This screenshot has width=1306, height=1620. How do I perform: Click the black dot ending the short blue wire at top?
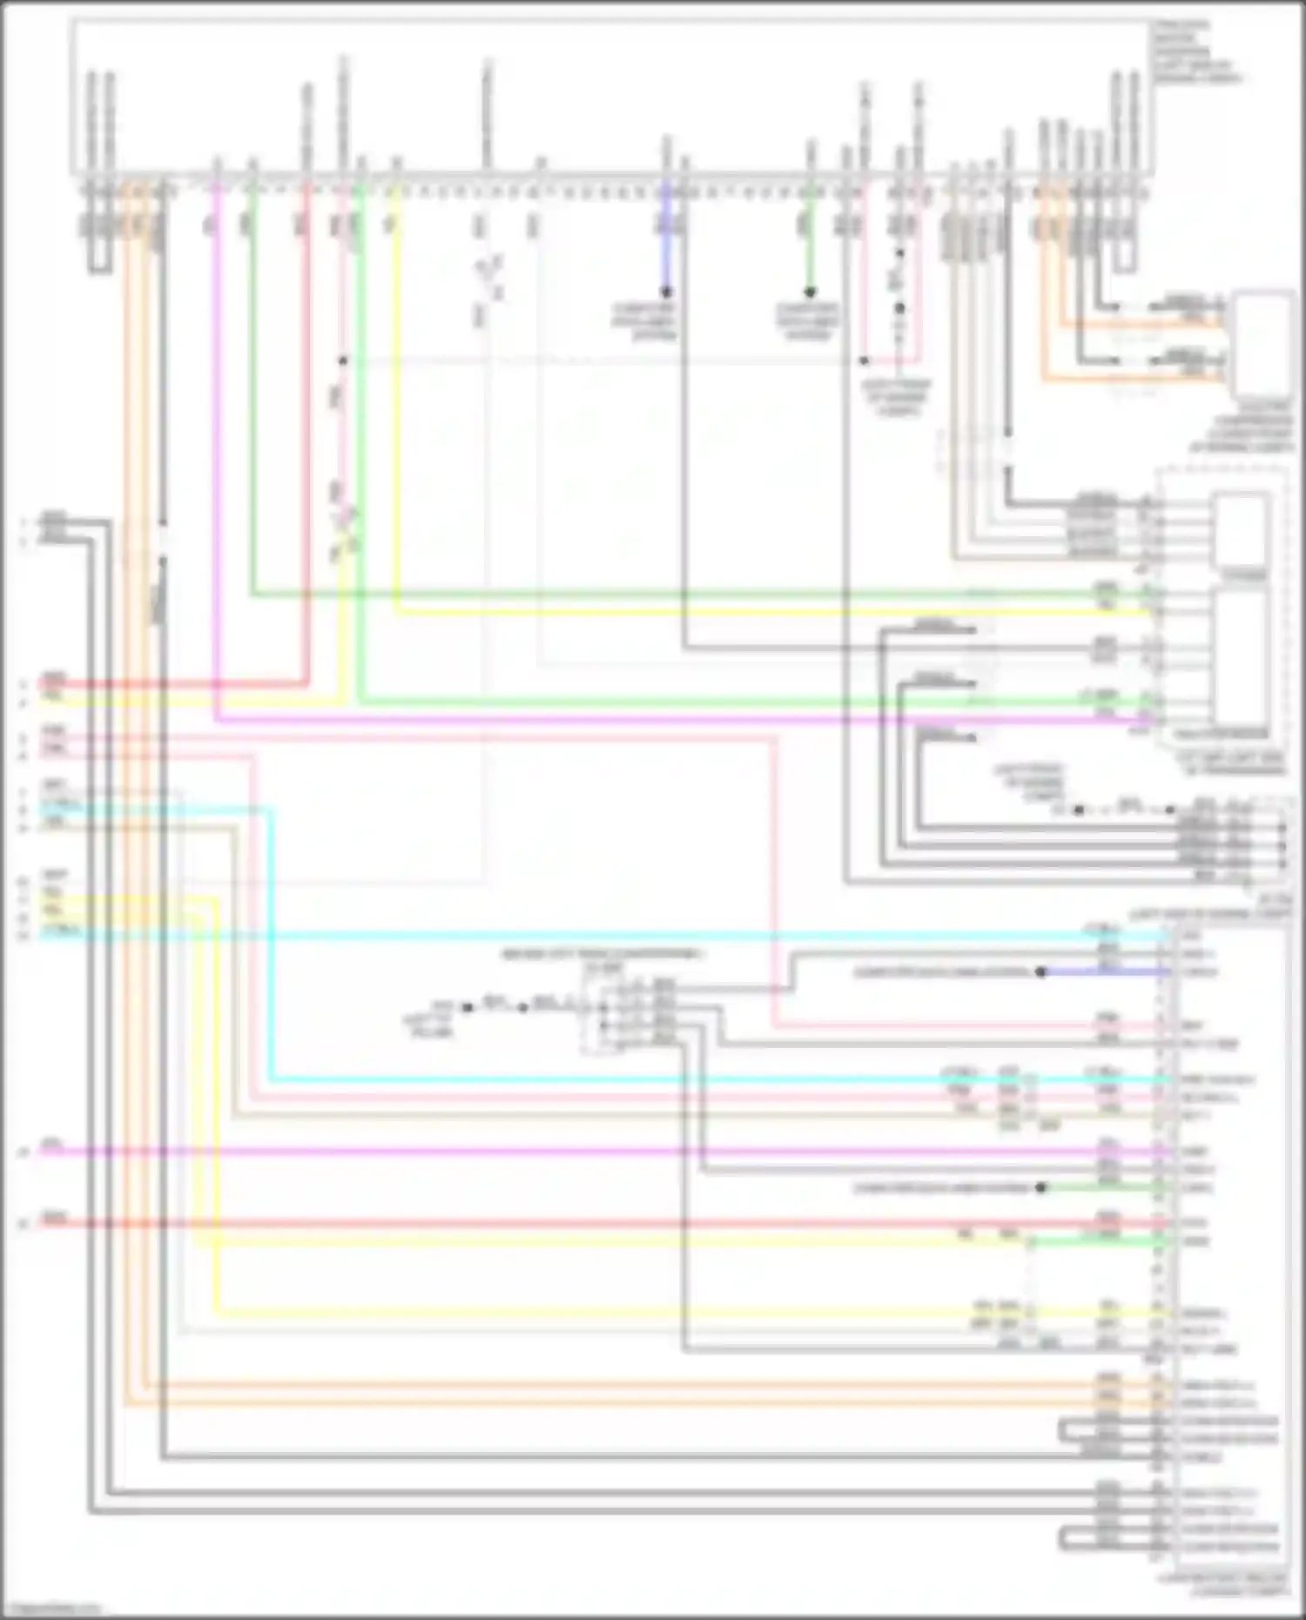[x=666, y=292]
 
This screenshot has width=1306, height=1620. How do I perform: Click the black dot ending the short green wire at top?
[x=810, y=292]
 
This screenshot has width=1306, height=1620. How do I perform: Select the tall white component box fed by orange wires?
[x=1262, y=345]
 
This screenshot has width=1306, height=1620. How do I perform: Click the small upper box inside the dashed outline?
[x=1242, y=528]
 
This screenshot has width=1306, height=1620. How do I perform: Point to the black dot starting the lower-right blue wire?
[x=1041, y=972]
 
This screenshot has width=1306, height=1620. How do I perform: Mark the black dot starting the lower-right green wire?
[x=1041, y=1187]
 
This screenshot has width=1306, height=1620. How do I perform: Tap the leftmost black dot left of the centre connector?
[x=468, y=1008]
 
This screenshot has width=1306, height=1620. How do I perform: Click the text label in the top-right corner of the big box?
[x=1197, y=52]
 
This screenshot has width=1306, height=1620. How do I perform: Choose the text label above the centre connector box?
[x=601, y=955]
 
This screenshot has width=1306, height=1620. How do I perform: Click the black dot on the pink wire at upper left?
[x=343, y=360]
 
